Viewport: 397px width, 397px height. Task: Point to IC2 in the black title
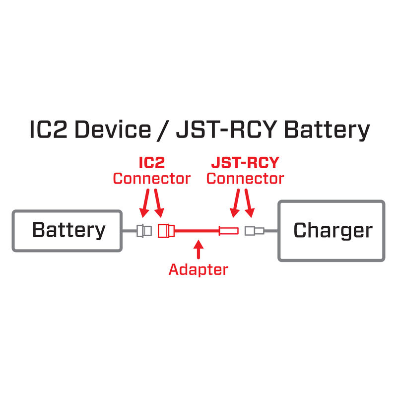pos(47,130)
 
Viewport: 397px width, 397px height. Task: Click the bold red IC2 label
pos(151,163)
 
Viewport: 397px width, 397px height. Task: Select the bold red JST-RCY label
pos(245,163)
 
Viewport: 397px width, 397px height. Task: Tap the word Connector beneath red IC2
pos(151,178)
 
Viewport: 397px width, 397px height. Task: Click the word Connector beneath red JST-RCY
pos(245,178)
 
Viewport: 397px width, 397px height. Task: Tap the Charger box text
pos(332,231)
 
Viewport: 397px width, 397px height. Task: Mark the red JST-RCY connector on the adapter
pos(229,230)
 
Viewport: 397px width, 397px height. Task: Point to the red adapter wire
pos(196,230)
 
